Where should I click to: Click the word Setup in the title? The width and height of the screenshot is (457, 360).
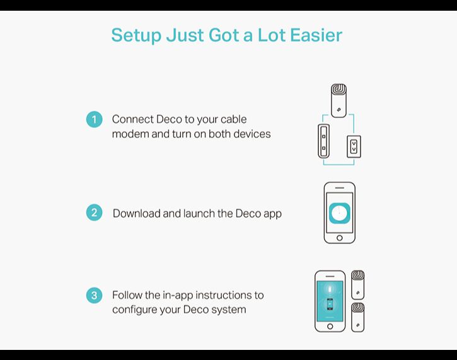tap(136, 36)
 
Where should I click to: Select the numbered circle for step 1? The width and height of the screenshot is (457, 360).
tap(94, 119)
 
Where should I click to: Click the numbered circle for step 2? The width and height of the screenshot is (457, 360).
tap(94, 212)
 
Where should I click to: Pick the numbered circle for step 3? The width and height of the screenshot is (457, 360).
tap(94, 295)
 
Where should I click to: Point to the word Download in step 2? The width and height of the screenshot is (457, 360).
tap(136, 213)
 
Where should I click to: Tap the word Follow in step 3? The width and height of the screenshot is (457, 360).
tap(127, 295)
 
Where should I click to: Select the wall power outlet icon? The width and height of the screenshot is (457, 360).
tap(354, 147)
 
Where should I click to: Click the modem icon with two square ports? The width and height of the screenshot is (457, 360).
tap(324, 141)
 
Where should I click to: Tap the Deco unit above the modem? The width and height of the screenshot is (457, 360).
tap(338, 101)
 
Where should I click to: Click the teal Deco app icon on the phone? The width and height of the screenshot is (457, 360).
tap(340, 213)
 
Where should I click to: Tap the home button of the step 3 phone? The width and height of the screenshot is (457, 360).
tap(330, 327)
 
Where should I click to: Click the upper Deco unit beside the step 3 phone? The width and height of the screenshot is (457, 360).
tap(358, 285)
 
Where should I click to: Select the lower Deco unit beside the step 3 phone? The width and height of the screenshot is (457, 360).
tap(358, 317)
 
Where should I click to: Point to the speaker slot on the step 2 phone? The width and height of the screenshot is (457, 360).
tap(340, 188)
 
